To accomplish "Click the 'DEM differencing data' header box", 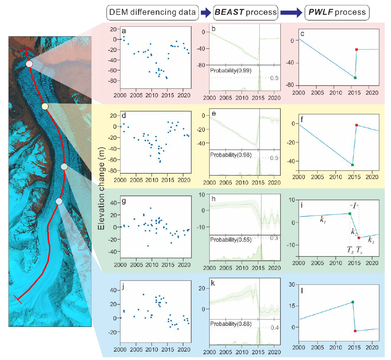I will click(x=152, y=13).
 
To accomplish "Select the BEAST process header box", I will click(x=246, y=13).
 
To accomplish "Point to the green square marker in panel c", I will click(x=355, y=77).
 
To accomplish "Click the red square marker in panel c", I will click(x=356, y=49).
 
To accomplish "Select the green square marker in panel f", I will click(x=352, y=165).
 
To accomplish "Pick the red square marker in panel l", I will click(x=355, y=331).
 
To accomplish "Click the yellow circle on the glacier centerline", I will click(x=45, y=106).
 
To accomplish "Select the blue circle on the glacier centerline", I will click(x=59, y=201).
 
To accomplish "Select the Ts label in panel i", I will click(x=350, y=250).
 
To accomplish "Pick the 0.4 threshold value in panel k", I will click(x=274, y=328).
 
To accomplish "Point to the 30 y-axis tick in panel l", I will click(x=293, y=284).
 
